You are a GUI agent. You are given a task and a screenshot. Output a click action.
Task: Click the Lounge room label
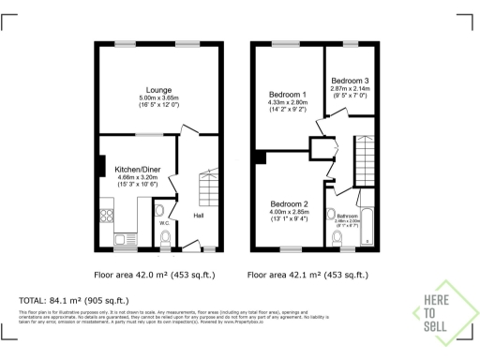[157, 90]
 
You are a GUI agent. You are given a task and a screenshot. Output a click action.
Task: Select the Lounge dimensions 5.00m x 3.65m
[157, 97]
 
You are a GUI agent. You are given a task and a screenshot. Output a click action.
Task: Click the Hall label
[200, 216]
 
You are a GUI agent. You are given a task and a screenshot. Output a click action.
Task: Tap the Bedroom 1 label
[289, 95]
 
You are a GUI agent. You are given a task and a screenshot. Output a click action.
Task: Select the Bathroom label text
[349, 215]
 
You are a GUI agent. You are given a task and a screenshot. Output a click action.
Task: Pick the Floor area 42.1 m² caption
[302, 276]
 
